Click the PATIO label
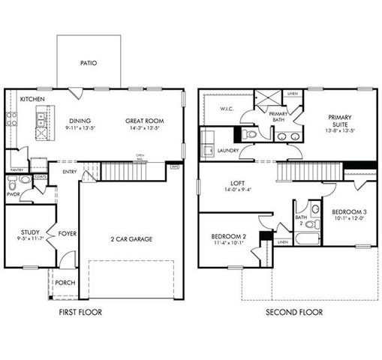click(x=89, y=64)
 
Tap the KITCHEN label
click(x=31, y=99)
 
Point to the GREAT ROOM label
click(x=144, y=121)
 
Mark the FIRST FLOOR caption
click(x=80, y=312)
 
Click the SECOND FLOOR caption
click(x=293, y=312)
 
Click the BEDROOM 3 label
click(x=349, y=213)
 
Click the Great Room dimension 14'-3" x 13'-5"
click(x=144, y=128)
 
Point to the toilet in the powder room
click(x=25, y=181)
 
